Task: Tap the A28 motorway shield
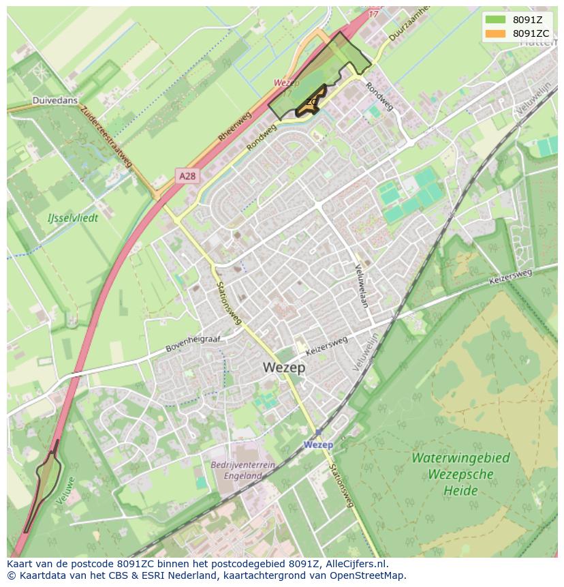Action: (187, 176)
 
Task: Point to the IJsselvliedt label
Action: (73, 218)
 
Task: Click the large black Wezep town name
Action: (284, 367)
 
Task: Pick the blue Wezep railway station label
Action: (318, 445)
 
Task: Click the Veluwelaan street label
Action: (362, 285)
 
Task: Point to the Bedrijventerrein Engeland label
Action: (242, 470)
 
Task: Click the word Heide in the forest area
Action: (460, 490)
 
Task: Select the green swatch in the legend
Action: (496, 20)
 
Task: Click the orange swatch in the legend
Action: (496, 33)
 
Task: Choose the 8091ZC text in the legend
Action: (531, 33)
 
